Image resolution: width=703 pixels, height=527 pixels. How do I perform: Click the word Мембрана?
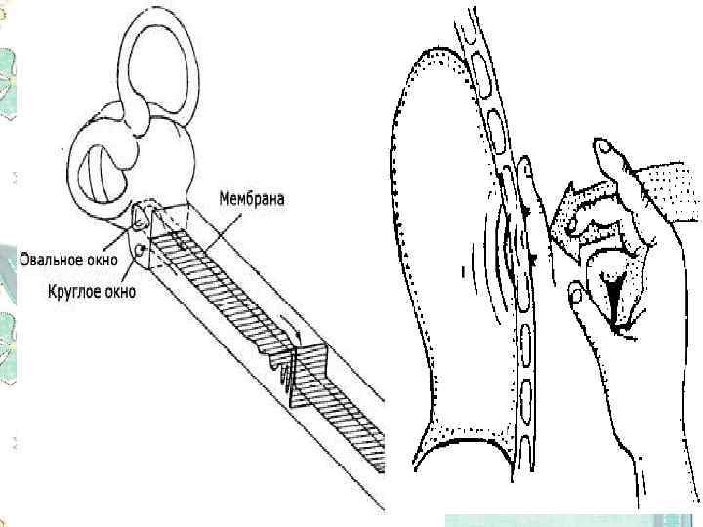click(x=251, y=200)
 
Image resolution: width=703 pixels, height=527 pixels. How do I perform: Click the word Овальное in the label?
click(x=52, y=260)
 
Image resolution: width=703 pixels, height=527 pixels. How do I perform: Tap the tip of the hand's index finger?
click(x=601, y=147)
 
